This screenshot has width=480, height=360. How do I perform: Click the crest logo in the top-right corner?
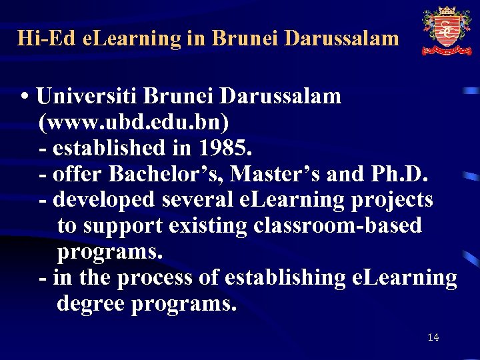447,31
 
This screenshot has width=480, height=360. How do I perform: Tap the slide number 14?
433,338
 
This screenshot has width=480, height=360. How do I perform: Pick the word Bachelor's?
165,174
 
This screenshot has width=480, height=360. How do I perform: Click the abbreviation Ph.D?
400,174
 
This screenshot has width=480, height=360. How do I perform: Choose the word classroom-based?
337,226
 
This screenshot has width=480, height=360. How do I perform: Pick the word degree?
91,304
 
